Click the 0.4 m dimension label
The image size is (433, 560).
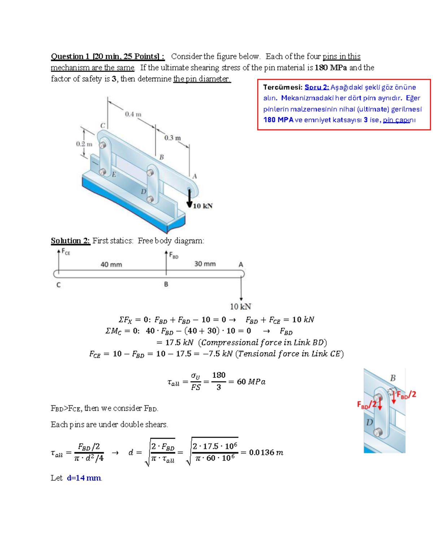pos(133,114)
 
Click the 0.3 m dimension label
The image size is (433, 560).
pos(172,138)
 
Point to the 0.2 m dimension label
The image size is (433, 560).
pos(84,144)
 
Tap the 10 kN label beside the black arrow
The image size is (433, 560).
pos(203,206)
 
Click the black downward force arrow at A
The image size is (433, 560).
pos(189,198)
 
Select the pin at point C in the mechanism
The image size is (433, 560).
pos(102,145)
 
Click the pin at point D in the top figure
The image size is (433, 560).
pos(150,199)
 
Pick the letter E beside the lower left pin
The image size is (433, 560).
pos(114,175)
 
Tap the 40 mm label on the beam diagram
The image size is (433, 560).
pos(111,264)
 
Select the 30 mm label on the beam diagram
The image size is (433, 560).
pos(205,264)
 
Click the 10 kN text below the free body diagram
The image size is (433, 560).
pos(241,307)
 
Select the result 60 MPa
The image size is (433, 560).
pos(251,382)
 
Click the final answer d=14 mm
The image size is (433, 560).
pos(84,478)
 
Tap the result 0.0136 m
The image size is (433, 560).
pos(266,452)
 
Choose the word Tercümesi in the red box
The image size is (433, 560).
pos(283,87)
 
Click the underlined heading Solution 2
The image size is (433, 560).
pos(70,241)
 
